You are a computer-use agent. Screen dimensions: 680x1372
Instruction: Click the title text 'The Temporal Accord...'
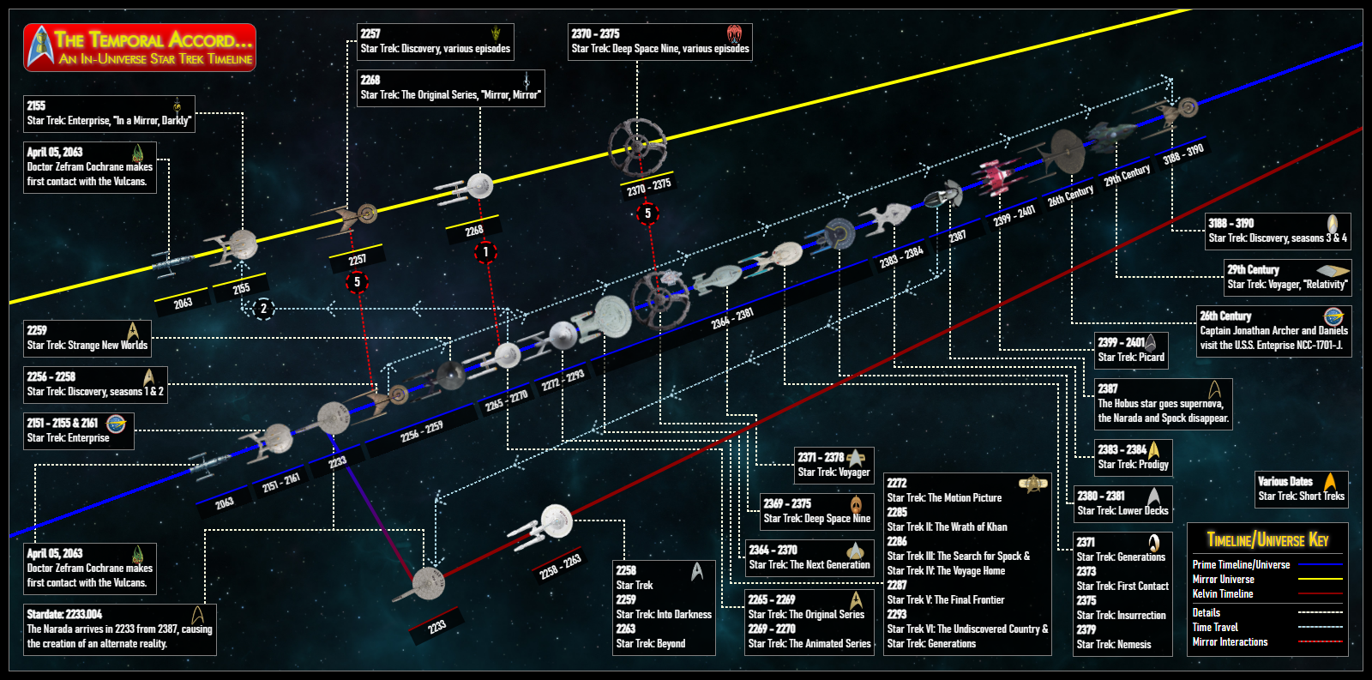[153, 39]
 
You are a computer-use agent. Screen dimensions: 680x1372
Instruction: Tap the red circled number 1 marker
[486, 251]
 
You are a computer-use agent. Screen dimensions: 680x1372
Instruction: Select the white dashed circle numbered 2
[263, 308]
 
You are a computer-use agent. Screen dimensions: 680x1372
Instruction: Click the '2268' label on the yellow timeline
[474, 230]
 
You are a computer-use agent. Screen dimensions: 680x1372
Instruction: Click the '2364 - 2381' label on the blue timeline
[732, 318]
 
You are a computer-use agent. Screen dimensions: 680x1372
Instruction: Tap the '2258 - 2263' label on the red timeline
[561, 566]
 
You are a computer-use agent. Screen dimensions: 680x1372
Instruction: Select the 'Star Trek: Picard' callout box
[1131, 350]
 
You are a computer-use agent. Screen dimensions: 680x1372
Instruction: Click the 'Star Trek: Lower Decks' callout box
[1122, 503]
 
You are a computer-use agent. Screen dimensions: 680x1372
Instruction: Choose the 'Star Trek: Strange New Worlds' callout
[87, 338]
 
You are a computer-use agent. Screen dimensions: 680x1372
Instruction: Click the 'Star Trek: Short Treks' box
[1301, 489]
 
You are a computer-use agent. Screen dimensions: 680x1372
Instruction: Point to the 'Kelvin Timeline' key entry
[1223, 593]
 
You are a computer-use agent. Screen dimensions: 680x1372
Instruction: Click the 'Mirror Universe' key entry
[1223, 579]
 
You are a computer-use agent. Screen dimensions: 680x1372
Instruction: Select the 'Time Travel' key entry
[1215, 627]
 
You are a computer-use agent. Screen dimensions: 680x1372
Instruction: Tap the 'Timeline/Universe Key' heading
[1267, 540]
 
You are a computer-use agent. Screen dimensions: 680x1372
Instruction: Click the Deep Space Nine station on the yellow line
[637, 145]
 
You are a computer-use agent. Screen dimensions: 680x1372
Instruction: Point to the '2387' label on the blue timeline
[958, 235]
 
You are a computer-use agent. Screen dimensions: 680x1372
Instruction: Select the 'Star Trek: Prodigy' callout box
[1133, 457]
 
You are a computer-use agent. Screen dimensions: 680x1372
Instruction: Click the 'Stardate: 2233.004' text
[64, 614]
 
